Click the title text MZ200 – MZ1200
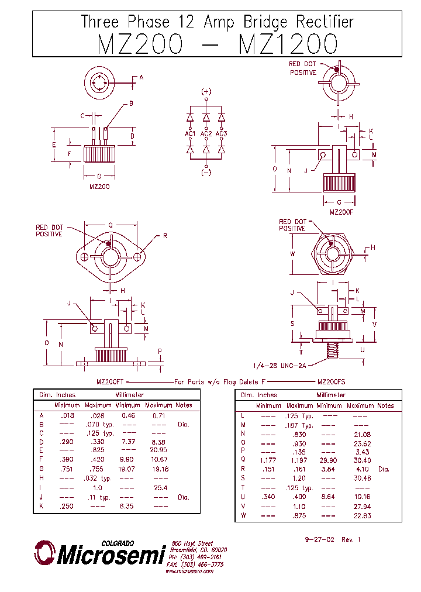[x=217, y=44]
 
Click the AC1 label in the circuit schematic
[x=190, y=134]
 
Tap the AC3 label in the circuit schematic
[x=221, y=134]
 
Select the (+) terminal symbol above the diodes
[x=206, y=92]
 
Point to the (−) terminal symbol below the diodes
[x=206, y=172]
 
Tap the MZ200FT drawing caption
[x=110, y=381]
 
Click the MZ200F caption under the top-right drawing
[x=341, y=212]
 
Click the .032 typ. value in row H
[x=98, y=478]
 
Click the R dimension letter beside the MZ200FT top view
[x=165, y=236]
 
